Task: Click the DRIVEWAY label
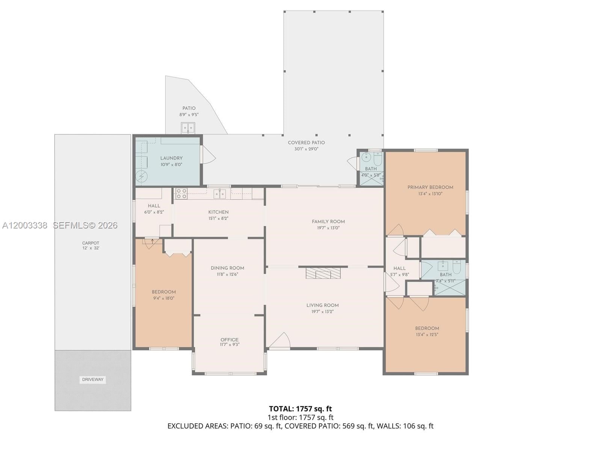point(93,380)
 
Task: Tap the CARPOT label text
point(91,243)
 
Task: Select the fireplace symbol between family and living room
point(323,273)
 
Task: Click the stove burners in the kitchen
point(181,194)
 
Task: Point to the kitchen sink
point(220,194)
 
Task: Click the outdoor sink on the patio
point(188,128)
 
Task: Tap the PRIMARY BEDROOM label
point(430,187)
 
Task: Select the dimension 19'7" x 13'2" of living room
point(322,312)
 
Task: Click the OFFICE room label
point(230,339)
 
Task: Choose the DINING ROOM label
point(227,268)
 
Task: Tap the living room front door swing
point(280,341)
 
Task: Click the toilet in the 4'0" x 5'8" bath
point(378,159)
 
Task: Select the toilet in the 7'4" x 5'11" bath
point(457,267)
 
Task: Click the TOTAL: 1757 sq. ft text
point(300,409)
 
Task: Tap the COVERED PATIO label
point(306,142)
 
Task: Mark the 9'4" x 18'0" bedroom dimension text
point(164,298)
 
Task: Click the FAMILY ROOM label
point(328,221)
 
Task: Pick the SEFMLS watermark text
point(85,225)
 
